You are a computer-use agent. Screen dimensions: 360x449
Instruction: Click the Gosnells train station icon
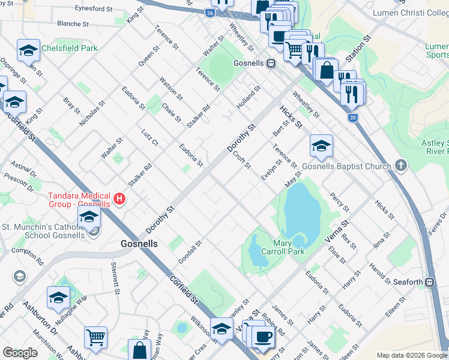point(271,62)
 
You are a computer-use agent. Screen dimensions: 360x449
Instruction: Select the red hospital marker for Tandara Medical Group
point(119,199)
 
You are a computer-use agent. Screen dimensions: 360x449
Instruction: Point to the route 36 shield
point(209,12)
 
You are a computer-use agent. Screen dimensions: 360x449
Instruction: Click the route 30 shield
point(354,118)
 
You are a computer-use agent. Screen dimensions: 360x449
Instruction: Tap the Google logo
point(20,353)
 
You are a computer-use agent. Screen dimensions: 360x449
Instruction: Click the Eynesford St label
point(93,9)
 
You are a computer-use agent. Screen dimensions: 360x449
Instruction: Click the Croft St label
point(241,159)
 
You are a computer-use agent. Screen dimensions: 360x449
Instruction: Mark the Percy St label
point(339,202)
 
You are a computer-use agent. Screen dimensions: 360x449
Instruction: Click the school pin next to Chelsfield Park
point(28,52)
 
